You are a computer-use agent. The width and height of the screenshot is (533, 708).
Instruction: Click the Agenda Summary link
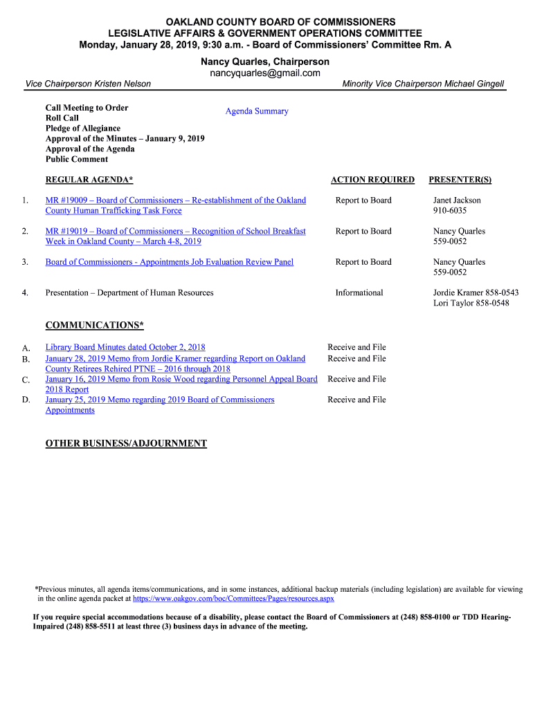257,111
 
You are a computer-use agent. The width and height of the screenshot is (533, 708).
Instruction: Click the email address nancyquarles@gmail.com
265,73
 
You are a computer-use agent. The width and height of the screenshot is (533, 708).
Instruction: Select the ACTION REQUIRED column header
372,180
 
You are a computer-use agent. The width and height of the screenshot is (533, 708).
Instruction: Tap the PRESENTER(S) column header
460,180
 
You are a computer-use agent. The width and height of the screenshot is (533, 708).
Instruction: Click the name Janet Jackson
457,201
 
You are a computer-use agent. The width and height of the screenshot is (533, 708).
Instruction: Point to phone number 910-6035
450,211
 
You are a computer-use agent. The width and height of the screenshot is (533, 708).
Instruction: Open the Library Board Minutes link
125,347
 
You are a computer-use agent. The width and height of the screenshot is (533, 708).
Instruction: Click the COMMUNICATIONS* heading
95,325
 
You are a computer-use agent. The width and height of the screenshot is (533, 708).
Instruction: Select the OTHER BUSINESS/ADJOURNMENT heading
126,443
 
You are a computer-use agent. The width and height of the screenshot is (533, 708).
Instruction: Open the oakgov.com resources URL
233,599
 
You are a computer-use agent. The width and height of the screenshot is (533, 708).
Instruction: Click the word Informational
359,293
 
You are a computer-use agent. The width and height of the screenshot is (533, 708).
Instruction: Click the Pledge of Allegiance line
83,129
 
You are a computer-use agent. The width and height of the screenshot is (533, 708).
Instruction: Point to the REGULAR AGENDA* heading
89,180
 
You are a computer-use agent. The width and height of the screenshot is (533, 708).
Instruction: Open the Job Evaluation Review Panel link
170,262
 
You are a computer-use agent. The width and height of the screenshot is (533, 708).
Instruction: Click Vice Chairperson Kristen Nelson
88,84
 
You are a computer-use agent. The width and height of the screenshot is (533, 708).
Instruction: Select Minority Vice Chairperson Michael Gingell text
423,84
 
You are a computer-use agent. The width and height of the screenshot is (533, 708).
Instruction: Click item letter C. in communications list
26,380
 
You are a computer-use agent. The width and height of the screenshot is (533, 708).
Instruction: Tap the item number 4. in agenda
25,293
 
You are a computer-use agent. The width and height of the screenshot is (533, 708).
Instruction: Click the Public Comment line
77,159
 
